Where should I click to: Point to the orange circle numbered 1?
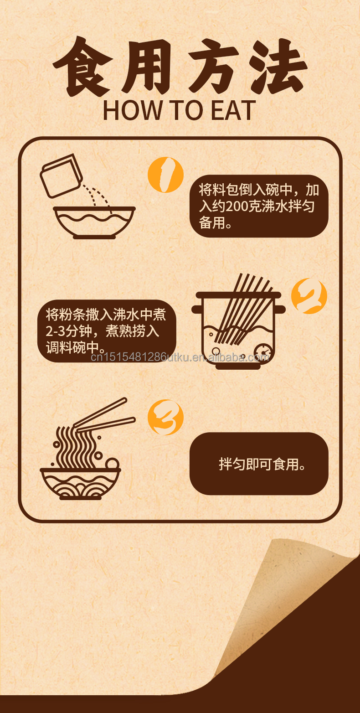[x=165, y=175]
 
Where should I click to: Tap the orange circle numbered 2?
[x=309, y=296]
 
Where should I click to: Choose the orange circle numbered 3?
[x=165, y=417]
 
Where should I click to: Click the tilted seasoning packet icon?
[x=61, y=176]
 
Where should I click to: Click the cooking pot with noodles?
[x=238, y=328]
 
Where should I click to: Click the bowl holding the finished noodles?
[x=80, y=483]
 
